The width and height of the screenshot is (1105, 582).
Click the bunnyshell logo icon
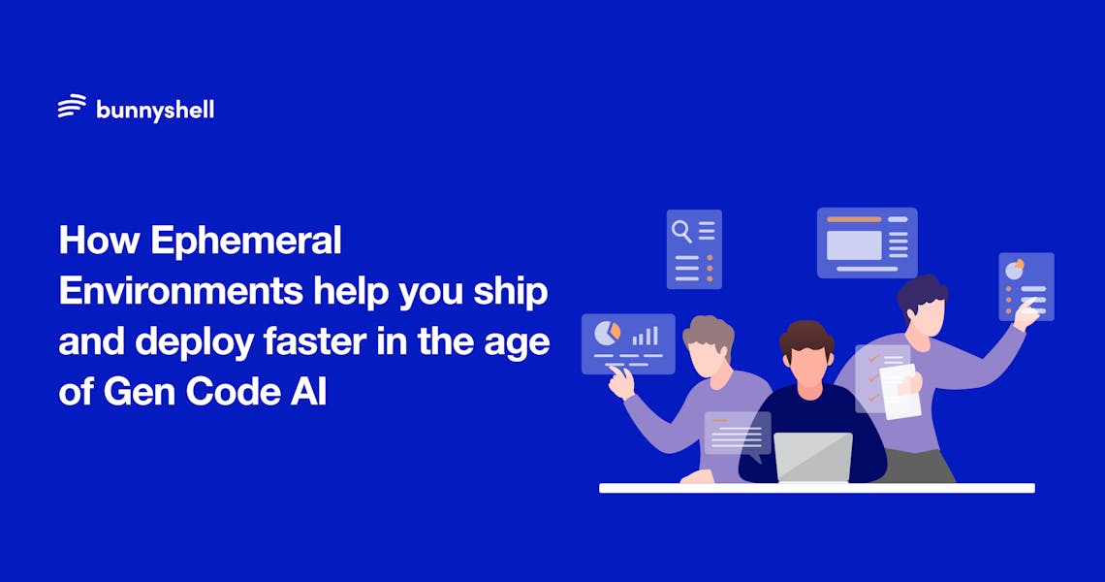72,107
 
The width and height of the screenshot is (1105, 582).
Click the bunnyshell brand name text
155,110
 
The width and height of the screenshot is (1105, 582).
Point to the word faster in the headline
335,342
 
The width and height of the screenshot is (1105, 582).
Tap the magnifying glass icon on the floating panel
682,230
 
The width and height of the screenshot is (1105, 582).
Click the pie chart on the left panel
606,333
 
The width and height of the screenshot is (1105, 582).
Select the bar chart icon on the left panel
646,336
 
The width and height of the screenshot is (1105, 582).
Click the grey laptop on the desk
813,457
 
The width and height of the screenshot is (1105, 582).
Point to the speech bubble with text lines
738,434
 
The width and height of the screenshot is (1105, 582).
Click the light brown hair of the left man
708,331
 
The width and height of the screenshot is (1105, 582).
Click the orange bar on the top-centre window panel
854,219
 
